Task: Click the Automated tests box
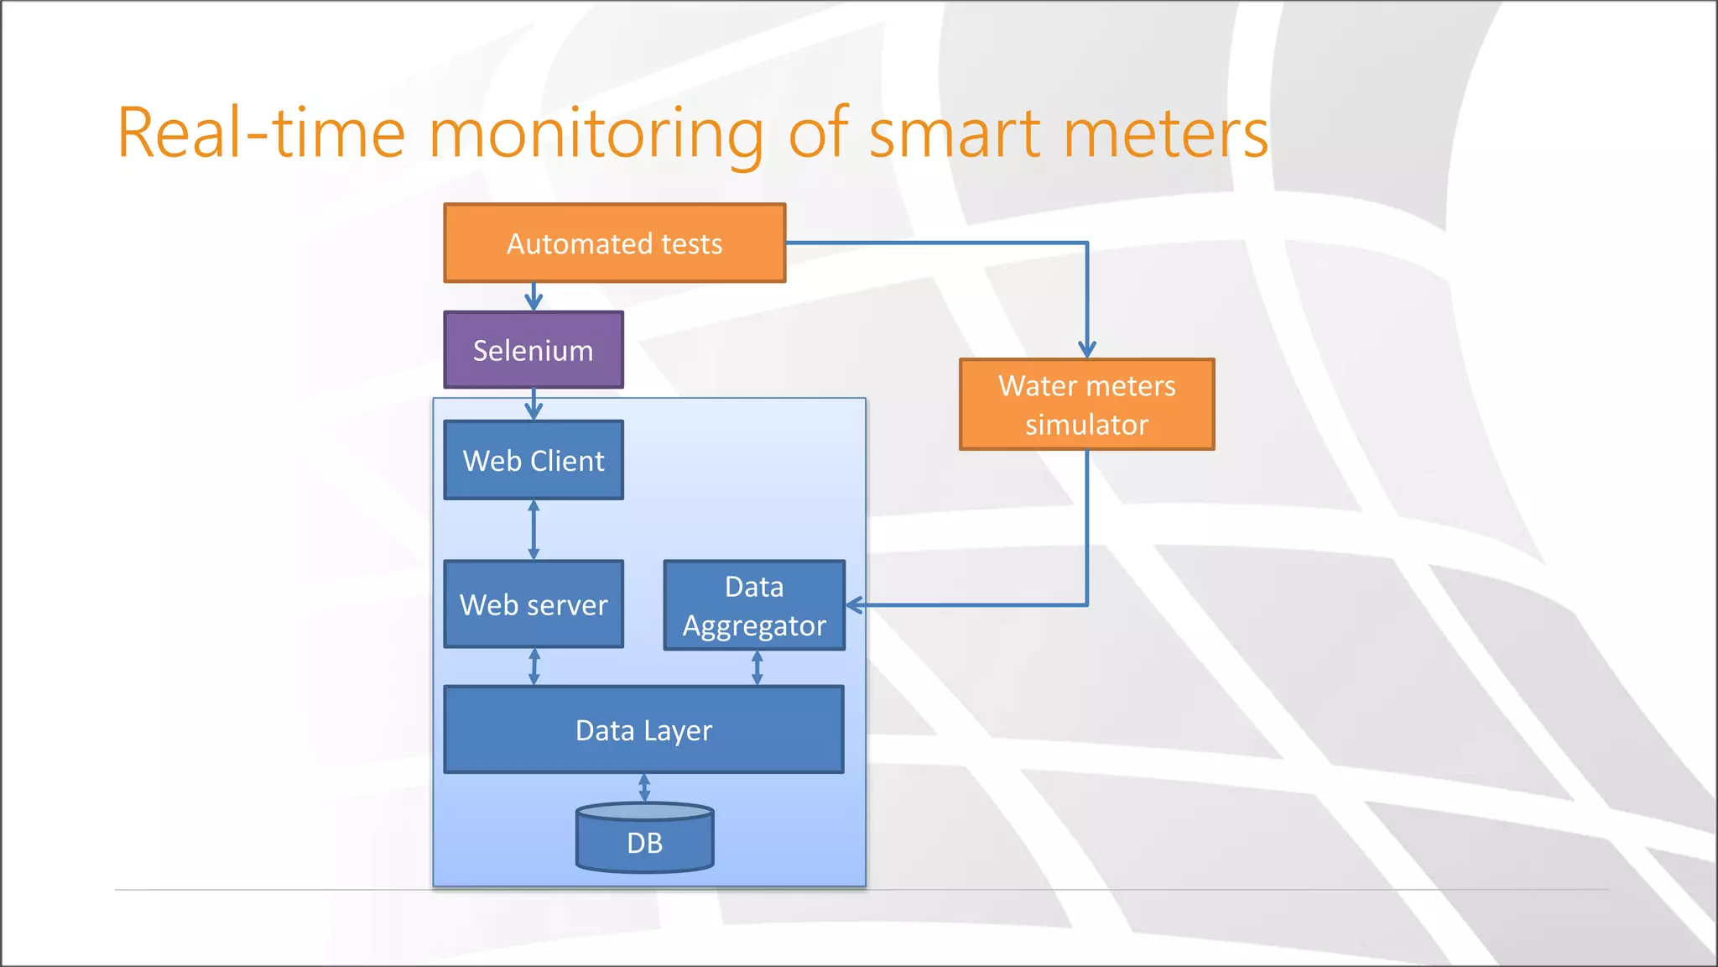(614, 243)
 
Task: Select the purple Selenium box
(534, 350)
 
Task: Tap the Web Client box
(534, 461)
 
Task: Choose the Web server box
(534, 604)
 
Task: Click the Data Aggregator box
(754, 605)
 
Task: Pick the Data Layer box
(643, 730)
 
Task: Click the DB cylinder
(644, 841)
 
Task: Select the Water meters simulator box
(1086, 405)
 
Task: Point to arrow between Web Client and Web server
(534, 530)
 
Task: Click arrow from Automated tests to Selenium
(534, 296)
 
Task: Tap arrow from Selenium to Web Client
(534, 404)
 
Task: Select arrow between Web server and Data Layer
(534, 667)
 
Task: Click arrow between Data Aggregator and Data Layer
(757, 668)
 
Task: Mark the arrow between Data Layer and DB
(644, 787)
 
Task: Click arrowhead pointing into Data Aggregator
(855, 604)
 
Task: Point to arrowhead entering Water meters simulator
(1087, 348)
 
